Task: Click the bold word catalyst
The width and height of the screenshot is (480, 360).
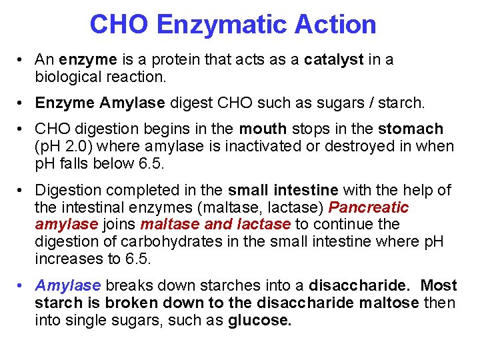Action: pyautogui.click(x=334, y=59)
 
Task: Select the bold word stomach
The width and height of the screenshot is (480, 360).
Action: pyautogui.click(x=411, y=129)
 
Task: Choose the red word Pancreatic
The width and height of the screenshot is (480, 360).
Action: pyautogui.click(x=369, y=207)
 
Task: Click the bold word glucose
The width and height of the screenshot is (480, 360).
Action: pyautogui.click(x=260, y=321)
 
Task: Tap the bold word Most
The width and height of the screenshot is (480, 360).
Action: pyautogui.click(x=439, y=286)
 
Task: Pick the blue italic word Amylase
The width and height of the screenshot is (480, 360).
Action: pyautogui.click(x=67, y=286)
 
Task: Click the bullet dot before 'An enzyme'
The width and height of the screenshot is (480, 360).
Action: pyautogui.click(x=23, y=60)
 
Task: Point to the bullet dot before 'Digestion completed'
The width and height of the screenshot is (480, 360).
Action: pyautogui.click(x=23, y=191)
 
